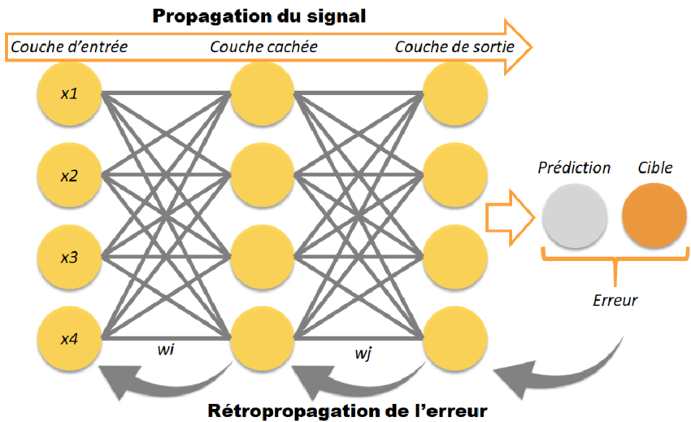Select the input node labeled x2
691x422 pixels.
click(68, 176)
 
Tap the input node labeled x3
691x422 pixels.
click(68, 257)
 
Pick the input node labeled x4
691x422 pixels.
click(68, 337)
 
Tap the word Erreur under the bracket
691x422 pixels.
click(615, 300)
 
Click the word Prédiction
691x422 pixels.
click(574, 167)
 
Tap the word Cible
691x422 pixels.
click(654, 167)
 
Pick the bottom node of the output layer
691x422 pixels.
click(456, 337)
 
